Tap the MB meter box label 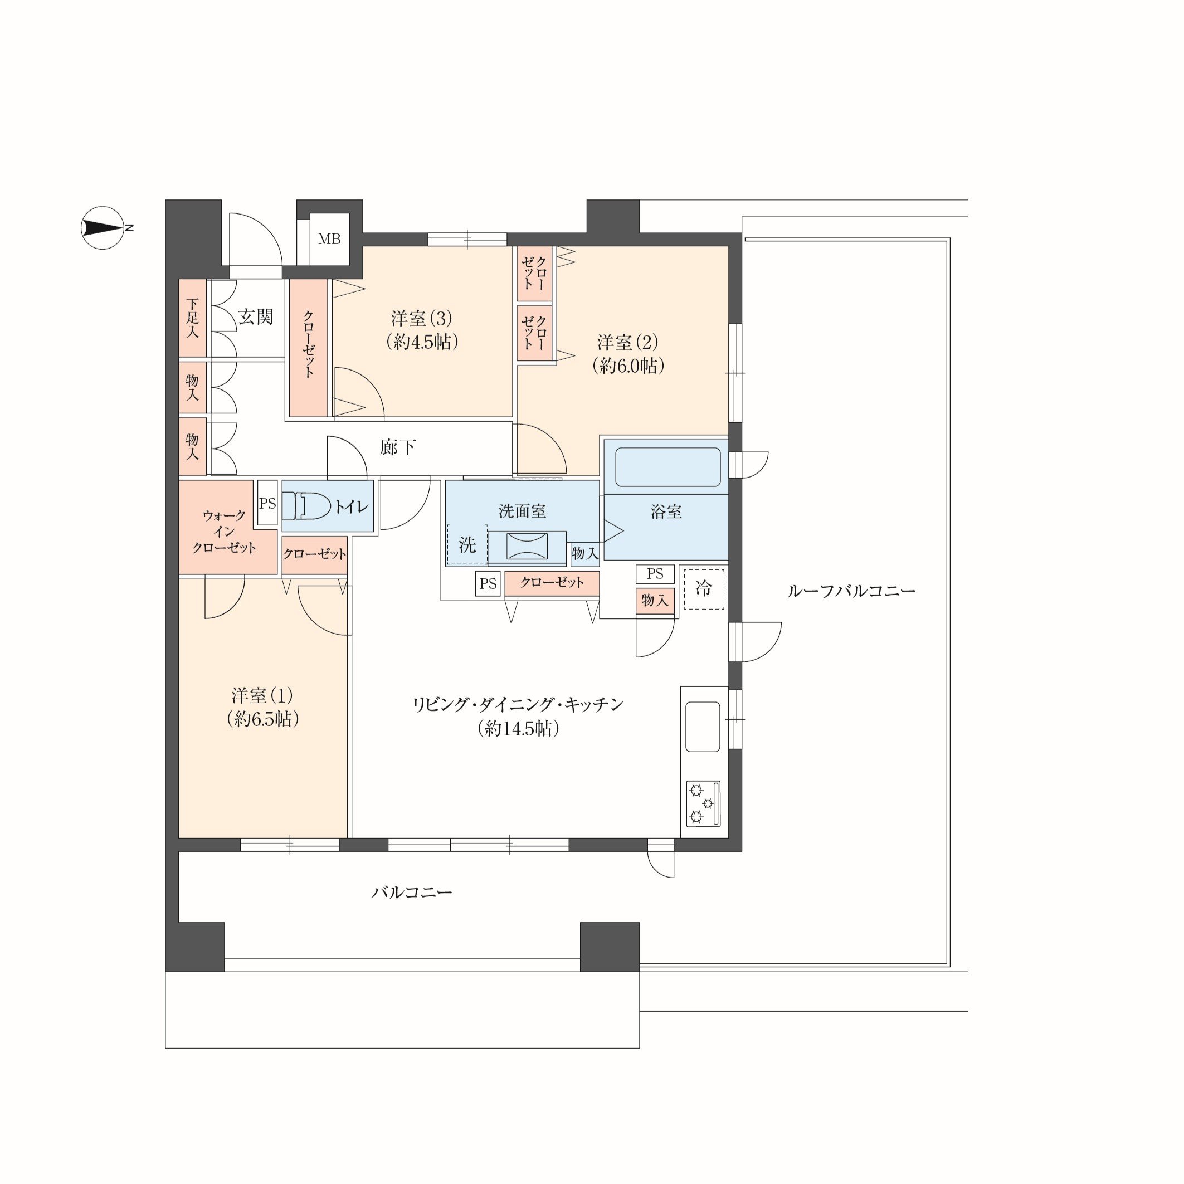[x=329, y=239]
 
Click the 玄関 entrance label [x=256, y=317]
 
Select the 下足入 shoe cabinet [x=192, y=318]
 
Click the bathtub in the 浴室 [x=667, y=467]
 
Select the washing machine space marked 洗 [x=467, y=544]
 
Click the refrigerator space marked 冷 [x=704, y=589]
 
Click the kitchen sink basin [x=702, y=727]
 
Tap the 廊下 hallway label [x=398, y=447]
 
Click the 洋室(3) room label [x=422, y=318]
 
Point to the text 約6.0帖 [x=628, y=366]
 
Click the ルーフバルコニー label [x=851, y=591]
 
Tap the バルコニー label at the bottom [x=412, y=892]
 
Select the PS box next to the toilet [x=267, y=503]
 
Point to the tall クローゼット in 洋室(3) [x=308, y=348]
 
